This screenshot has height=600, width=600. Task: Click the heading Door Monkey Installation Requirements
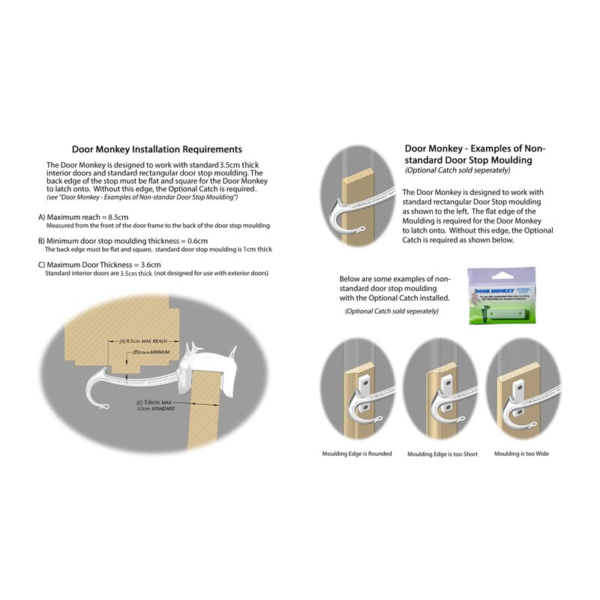coord(156,149)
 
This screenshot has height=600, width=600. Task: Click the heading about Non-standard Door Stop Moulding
coord(475,154)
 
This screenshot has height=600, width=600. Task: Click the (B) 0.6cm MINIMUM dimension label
coord(155,352)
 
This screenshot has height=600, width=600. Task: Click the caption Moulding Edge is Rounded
coord(357,454)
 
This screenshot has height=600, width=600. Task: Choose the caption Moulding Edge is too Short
coord(441,454)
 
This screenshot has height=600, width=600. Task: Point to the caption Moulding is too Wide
coord(521,454)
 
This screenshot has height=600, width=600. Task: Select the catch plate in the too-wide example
coord(519,387)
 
